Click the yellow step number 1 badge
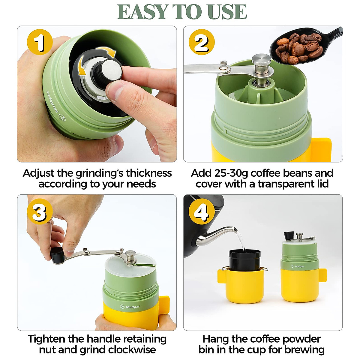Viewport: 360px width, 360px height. (40, 42)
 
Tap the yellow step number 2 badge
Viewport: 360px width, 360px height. (202, 42)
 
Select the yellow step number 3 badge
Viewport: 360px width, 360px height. (40, 212)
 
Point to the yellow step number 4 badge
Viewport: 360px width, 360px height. (202, 212)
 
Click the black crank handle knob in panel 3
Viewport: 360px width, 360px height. (56, 255)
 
